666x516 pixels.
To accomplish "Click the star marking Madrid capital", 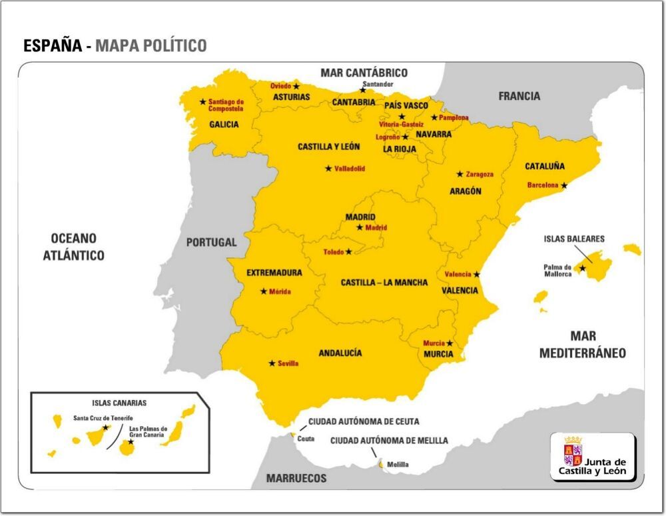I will pyautogui.click(x=360, y=227).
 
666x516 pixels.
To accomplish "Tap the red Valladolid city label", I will pyautogui.click(x=350, y=169).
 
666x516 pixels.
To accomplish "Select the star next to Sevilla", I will pyautogui.click(x=272, y=363).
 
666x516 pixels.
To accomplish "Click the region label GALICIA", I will pyautogui.click(x=224, y=124).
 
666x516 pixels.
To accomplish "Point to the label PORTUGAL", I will pyautogui.click(x=211, y=243).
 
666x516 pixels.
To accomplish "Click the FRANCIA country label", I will pyautogui.click(x=519, y=96).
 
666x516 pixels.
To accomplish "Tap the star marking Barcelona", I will pyautogui.click(x=564, y=185).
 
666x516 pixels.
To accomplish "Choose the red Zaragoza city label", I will pyautogui.click(x=480, y=174).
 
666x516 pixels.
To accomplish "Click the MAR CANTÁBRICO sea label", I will pyautogui.click(x=364, y=73).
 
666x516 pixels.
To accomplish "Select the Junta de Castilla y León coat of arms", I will pyautogui.click(x=573, y=451).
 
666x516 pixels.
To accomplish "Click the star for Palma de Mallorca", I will pyautogui.click(x=583, y=268).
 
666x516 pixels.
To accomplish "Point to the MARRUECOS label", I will pyautogui.click(x=296, y=478).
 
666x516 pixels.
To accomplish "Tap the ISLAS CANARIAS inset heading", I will pyautogui.click(x=119, y=403).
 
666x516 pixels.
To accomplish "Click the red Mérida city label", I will pyautogui.click(x=280, y=291).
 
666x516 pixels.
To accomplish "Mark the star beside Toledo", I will pyautogui.click(x=349, y=252).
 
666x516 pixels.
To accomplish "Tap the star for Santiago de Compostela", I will pyautogui.click(x=203, y=102).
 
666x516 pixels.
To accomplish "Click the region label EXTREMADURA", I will pyautogui.click(x=274, y=273).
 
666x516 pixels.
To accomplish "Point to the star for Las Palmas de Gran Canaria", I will pyautogui.click(x=131, y=441).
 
